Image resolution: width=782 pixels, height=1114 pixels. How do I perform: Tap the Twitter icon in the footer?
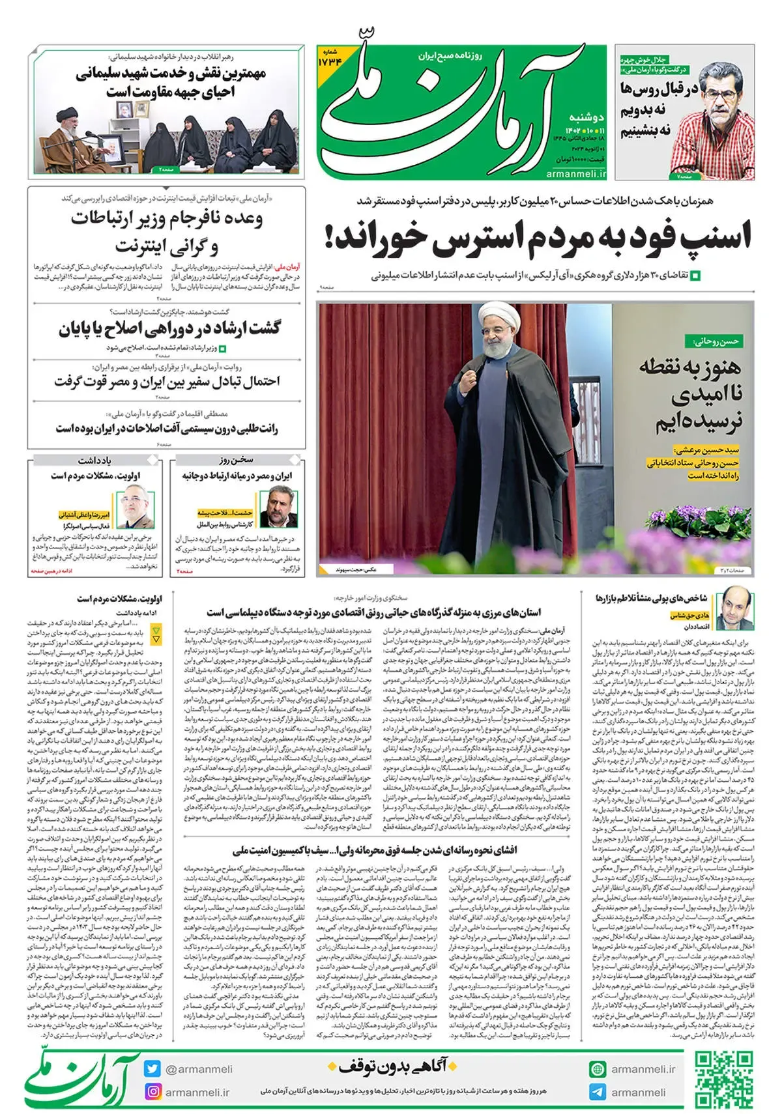[152, 1068]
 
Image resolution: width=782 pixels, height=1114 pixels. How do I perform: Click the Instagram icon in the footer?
[152, 1092]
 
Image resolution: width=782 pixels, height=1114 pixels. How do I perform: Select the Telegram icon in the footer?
[597, 1092]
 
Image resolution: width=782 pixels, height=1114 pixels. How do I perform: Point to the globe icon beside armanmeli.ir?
[597, 1069]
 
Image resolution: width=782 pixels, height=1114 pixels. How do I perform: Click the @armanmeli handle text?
[198, 1069]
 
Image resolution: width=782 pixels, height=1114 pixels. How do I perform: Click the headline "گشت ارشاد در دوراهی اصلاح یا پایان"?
[169, 329]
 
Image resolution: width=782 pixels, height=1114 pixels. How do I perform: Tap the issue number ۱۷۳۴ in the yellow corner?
[330, 61]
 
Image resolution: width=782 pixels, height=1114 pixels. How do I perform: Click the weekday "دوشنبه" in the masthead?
[586, 117]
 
